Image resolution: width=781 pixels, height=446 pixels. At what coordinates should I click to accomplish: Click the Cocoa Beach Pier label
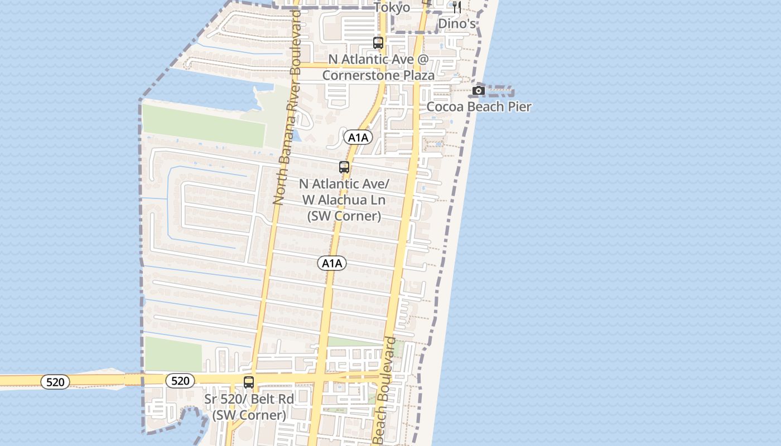[x=479, y=106]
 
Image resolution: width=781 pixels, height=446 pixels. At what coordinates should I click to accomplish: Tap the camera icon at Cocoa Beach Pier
[x=478, y=90]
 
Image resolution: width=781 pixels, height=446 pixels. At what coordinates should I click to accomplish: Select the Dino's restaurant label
[x=457, y=23]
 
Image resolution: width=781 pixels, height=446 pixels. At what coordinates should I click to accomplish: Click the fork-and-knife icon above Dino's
[x=457, y=7]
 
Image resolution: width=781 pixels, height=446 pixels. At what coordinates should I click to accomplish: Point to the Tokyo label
[x=392, y=7]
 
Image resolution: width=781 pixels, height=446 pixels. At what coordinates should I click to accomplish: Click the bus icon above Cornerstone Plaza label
[x=378, y=43]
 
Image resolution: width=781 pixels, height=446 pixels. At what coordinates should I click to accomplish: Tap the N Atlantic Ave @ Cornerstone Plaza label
[x=378, y=67]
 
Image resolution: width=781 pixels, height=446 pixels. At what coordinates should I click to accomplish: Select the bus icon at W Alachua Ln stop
[x=344, y=167]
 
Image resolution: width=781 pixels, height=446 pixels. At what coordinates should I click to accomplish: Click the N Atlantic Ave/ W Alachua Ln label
[x=344, y=200]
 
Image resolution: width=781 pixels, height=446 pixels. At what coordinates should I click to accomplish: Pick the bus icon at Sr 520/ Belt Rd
[x=249, y=382]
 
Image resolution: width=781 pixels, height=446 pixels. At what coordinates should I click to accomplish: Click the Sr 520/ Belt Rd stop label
[x=249, y=407]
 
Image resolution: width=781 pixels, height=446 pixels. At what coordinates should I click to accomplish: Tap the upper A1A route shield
[x=358, y=137]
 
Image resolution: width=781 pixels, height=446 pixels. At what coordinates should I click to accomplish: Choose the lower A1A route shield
[x=332, y=263]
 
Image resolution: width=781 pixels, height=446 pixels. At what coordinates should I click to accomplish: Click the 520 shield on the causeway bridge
[x=55, y=382]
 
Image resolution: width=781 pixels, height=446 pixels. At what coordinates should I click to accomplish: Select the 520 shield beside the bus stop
[x=180, y=381]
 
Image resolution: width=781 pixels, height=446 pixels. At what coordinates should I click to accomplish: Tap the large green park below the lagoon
[x=204, y=125]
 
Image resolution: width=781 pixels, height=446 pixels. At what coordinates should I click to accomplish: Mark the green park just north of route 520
[x=173, y=355]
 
